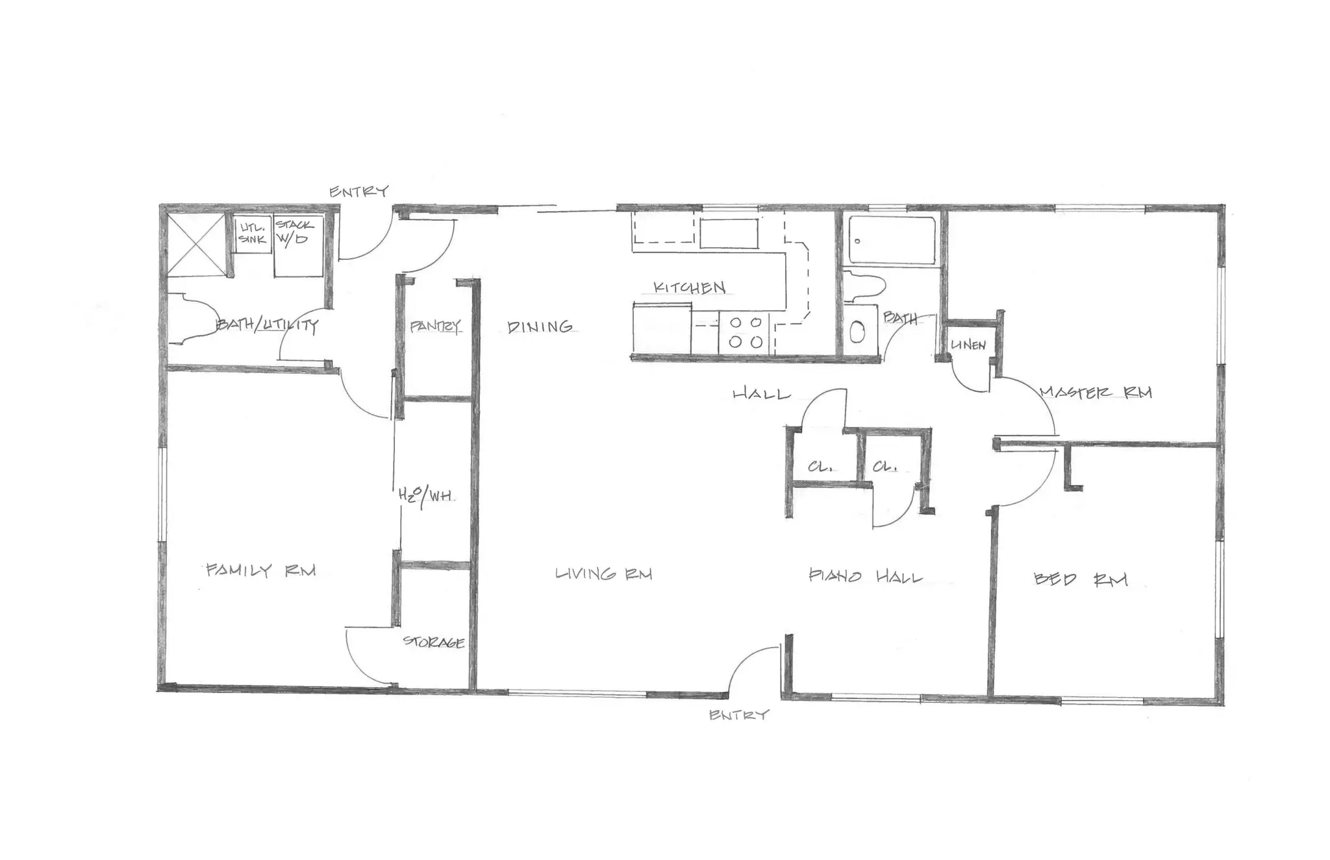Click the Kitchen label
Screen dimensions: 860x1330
689,288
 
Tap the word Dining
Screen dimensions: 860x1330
540,327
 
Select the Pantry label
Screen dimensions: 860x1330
434,326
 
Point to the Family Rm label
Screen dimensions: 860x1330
260,571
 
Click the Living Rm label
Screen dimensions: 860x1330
603,574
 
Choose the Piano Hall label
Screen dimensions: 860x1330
865,576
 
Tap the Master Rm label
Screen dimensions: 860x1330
1096,393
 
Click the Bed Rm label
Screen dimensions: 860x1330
1080,579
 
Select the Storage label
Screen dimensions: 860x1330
434,643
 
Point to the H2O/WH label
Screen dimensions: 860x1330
426,495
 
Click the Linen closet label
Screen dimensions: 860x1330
968,345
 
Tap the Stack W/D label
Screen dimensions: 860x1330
294,232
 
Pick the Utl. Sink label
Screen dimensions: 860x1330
252,233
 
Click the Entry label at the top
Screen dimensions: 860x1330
358,191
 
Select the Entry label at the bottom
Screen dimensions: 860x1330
738,715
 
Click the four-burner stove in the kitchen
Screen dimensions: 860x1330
745,332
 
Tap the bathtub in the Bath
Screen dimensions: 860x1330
892,240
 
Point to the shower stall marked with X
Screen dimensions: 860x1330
196,244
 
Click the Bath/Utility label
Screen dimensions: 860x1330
267,325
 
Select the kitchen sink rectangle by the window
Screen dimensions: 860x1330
729,234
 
